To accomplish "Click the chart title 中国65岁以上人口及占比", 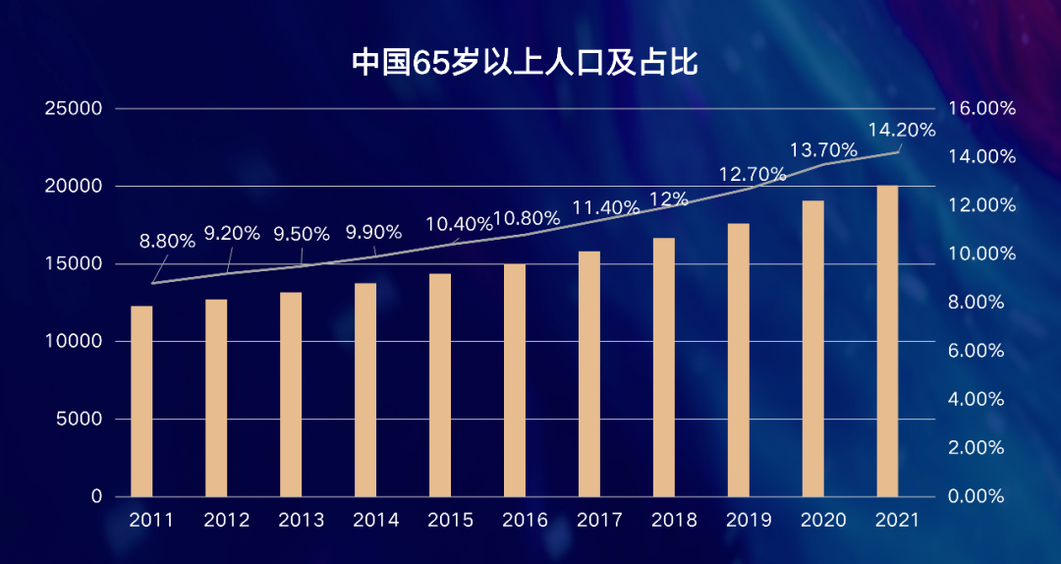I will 525,63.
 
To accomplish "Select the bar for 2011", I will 141,401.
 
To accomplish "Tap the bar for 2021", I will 887,341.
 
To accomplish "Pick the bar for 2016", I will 515,380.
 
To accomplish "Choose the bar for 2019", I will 738,360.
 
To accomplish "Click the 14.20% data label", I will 902,129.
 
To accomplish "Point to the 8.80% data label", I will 167,242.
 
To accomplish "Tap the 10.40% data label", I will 459,223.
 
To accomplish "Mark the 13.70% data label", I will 824,150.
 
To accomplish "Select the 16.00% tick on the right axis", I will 980,109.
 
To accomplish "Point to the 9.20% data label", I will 232,234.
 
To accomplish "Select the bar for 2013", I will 291,394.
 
